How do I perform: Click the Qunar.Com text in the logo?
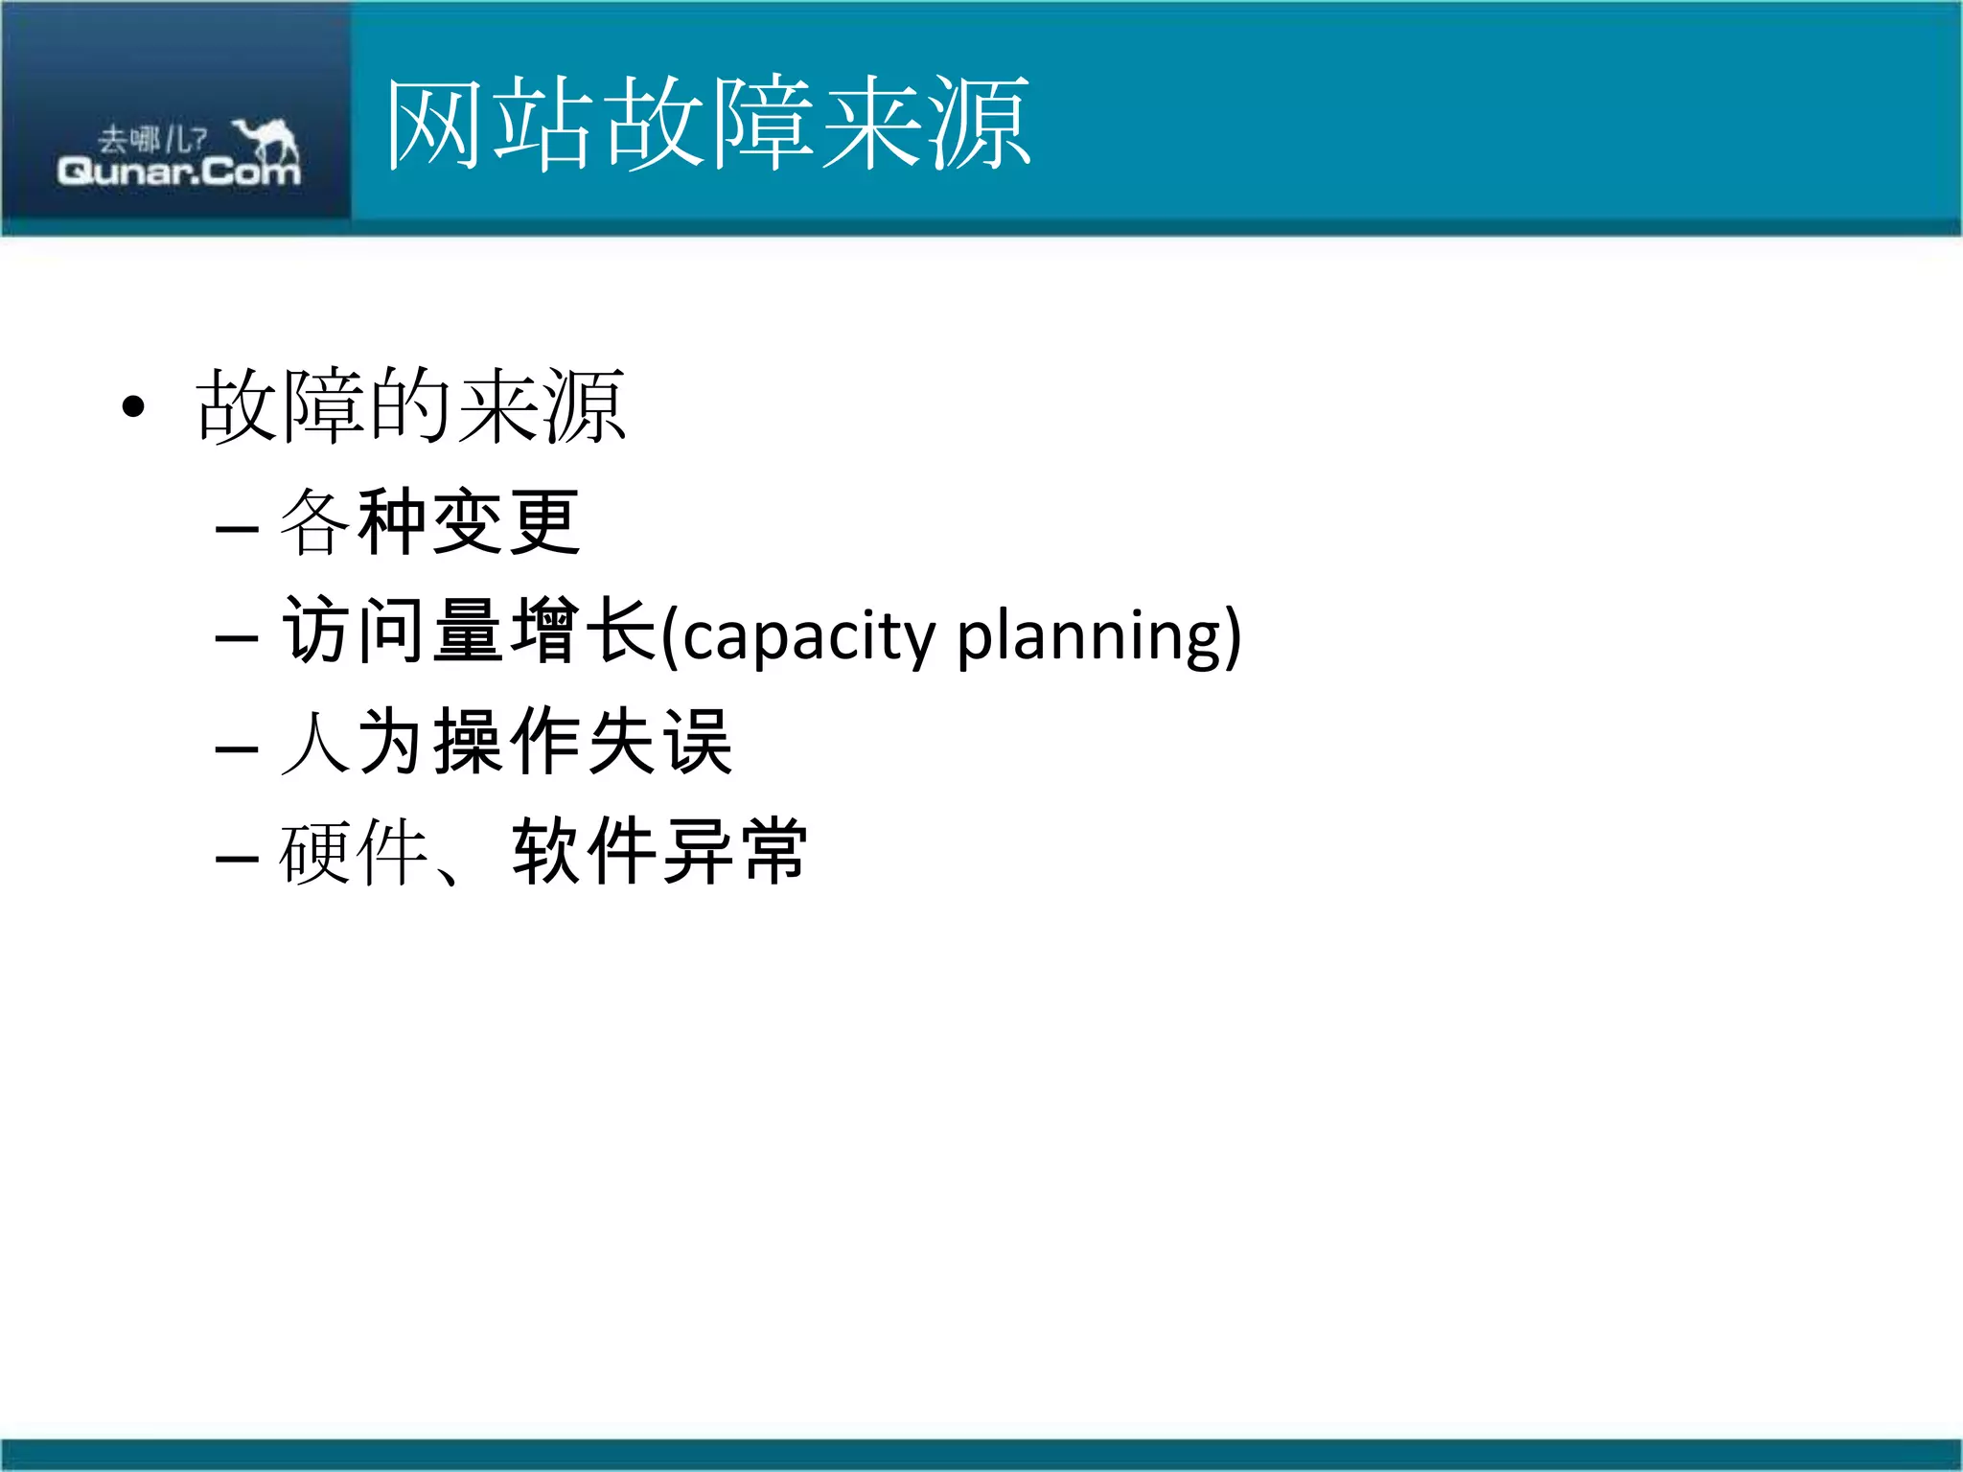click(x=178, y=172)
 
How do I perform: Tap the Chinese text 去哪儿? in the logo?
click(x=152, y=140)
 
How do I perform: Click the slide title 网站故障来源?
click(x=707, y=124)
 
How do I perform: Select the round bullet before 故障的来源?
click(x=133, y=407)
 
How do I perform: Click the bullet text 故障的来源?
click(x=410, y=407)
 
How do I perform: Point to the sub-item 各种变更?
click(x=429, y=522)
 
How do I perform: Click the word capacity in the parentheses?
click(x=809, y=634)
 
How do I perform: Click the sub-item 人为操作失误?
click(x=506, y=742)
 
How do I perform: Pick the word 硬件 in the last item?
click(x=353, y=852)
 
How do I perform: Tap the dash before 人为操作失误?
click(x=237, y=748)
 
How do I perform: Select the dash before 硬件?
click(x=237, y=858)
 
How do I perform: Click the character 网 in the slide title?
click(x=433, y=124)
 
